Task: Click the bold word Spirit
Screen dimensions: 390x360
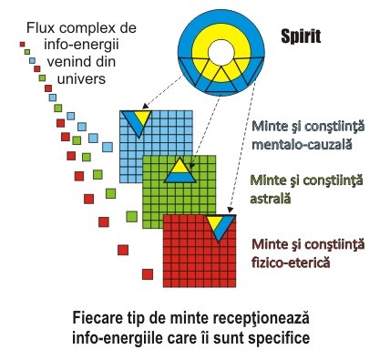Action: point(301,37)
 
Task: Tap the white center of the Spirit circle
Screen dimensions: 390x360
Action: point(221,53)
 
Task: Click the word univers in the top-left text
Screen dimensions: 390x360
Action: point(81,79)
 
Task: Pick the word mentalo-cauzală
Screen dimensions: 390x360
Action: point(302,144)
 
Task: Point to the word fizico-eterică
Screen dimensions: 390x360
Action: point(291,262)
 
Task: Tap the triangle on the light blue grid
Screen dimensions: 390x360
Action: point(138,121)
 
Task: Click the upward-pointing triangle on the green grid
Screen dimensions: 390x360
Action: point(180,170)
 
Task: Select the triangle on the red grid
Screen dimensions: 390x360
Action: point(221,226)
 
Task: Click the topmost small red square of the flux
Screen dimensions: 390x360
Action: point(22,45)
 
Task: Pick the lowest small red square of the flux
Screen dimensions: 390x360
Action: point(148,274)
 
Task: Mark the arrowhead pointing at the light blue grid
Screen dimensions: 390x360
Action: point(145,107)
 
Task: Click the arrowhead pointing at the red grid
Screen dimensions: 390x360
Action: point(230,210)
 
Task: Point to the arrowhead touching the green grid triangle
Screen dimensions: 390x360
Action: point(191,165)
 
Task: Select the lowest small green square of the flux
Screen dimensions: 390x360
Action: point(131,217)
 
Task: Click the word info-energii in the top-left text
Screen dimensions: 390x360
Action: point(81,46)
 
